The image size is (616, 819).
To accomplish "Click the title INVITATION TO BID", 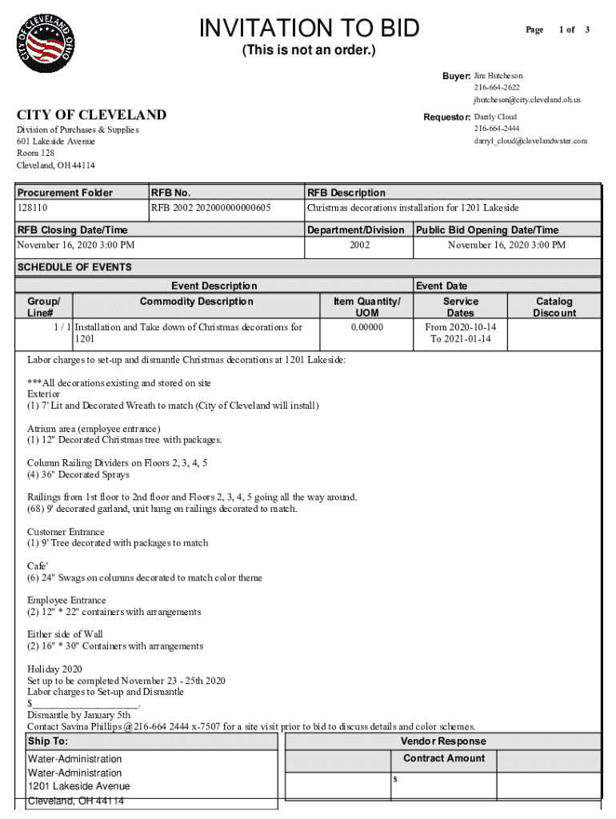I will tap(309, 29).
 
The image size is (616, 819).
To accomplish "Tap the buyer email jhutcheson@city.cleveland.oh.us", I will tap(526, 100).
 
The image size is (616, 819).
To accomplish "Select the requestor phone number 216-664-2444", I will tap(496, 129).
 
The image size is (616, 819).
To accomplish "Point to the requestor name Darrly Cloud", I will tap(495, 117).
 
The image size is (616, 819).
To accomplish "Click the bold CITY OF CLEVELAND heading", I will tap(92, 115).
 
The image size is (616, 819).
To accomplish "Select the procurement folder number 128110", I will tap(33, 208).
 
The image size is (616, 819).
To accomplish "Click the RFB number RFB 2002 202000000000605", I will tap(211, 208).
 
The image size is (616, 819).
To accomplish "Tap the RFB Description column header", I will tap(346, 193).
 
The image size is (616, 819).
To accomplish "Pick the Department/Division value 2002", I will tap(359, 245).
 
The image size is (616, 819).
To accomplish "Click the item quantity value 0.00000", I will tap(366, 327).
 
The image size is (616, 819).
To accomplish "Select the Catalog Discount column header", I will tap(554, 307).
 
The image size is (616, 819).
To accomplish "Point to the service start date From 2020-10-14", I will tap(460, 327).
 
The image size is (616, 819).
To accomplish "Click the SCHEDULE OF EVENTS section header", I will tap(74, 267).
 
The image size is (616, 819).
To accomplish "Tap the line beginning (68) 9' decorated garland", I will tap(162, 509).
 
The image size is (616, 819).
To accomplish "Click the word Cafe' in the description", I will tap(38, 565).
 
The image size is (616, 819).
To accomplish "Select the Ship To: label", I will tap(48, 741).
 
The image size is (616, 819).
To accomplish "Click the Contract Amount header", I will tap(443, 758).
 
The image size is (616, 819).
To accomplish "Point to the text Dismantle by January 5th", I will tap(78, 715).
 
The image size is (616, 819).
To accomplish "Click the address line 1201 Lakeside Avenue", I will tap(78, 786).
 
